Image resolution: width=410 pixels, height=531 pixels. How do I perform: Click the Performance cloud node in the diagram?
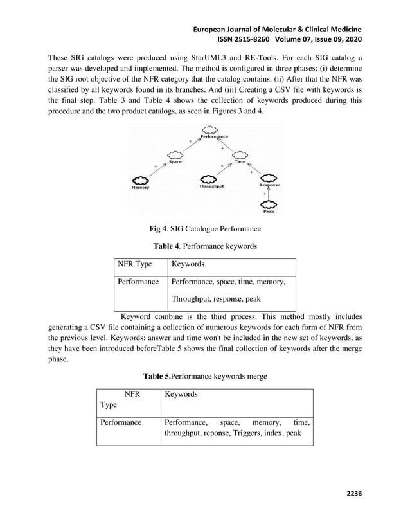pyautogui.click(x=213, y=132)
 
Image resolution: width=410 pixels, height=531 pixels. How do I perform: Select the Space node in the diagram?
pyautogui.click(x=175, y=156)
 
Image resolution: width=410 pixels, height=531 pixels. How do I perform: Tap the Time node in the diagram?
pyautogui.click(x=240, y=156)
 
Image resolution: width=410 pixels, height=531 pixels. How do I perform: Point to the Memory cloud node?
pyautogui.click(x=140, y=181)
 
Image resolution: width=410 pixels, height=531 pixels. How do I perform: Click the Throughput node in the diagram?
pyautogui.click(x=211, y=181)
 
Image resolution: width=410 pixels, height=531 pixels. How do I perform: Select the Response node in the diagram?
pyautogui.click(x=269, y=179)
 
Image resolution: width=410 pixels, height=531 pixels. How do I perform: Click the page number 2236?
pyautogui.click(x=354, y=493)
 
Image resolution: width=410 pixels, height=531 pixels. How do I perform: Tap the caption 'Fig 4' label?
pyautogui.click(x=157, y=228)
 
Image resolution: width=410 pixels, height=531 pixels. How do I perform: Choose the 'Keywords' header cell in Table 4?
pyautogui.click(x=188, y=264)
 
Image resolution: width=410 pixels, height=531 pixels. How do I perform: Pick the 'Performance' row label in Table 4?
pyautogui.click(x=138, y=282)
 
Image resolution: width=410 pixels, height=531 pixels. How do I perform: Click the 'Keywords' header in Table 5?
pyautogui.click(x=181, y=394)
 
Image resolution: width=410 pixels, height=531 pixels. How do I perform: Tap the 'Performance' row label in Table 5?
pyautogui.click(x=120, y=423)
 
